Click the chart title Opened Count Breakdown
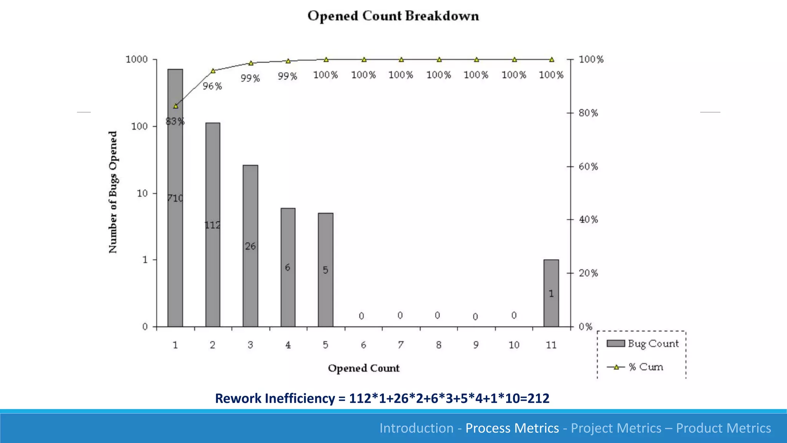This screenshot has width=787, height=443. point(393,16)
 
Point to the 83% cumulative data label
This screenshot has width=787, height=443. point(175,122)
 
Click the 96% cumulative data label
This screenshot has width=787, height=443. point(213,86)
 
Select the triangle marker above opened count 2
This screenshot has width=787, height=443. point(213,71)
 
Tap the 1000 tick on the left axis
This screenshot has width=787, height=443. point(137,60)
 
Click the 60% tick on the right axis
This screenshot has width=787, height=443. point(588,167)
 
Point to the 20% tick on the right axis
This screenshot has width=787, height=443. point(588,273)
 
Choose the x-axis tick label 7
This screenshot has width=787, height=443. point(401,345)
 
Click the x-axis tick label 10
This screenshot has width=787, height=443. point(514,345)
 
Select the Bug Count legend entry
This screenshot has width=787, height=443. point(643,343)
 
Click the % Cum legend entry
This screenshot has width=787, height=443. point(635,367)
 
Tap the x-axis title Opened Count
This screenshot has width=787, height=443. point(364,368)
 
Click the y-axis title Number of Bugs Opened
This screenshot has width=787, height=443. point(113,192)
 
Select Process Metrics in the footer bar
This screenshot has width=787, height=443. point(512,428)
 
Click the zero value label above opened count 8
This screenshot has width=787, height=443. point(437,315)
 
